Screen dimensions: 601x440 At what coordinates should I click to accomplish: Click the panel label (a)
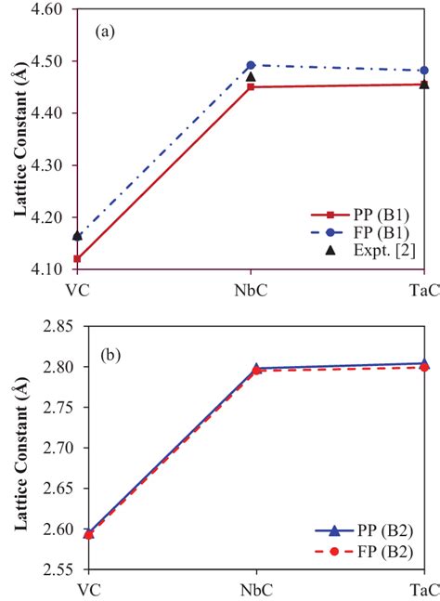[x=105, y=31]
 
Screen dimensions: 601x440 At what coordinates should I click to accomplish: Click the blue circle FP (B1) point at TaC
[x=423, y=71]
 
